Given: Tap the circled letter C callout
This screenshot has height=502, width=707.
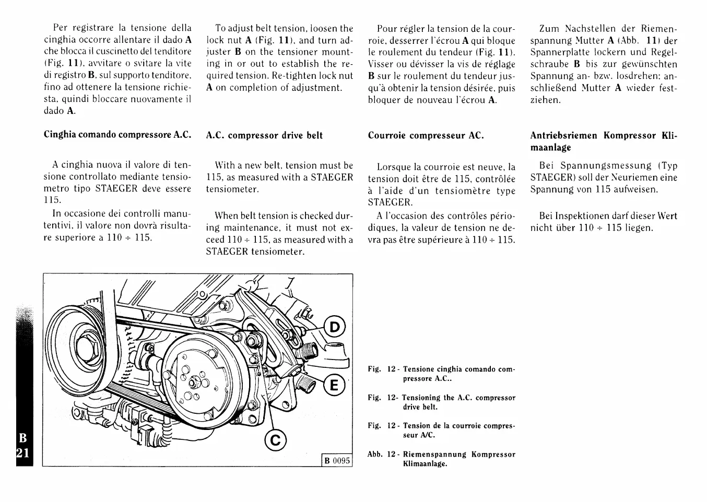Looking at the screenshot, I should pyautogui.click(x=275, y=441).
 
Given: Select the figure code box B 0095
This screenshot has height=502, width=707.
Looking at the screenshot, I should pyautogui.click(x=337, y=461).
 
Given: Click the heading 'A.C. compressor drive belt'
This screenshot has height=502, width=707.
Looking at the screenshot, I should pyautogui.click(x=264, y=136).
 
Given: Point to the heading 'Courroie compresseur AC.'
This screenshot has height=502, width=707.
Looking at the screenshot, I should pyautogui.click(x=426, y=136).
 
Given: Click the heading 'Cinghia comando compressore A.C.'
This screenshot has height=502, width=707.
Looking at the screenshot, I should pyautogui.click(x=117, y=135).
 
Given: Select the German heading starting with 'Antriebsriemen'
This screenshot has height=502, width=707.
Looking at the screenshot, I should pyautogui.click(x=603, y=141).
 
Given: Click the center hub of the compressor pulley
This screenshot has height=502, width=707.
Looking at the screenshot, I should pyautogui.click(x=194, y=384).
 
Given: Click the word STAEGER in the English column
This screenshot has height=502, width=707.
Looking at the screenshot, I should pyautogui.click(x=332, y=177).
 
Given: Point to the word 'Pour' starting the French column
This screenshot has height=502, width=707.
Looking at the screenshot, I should pyautogui.click(x=387, y=29).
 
